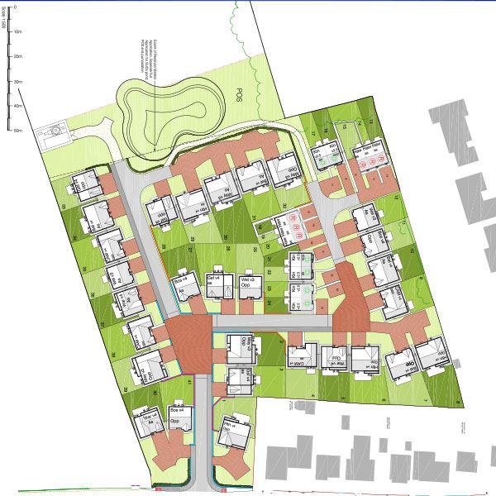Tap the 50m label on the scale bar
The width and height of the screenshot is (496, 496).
(18, 131)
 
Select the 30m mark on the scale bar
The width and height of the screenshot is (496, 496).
(18, 83)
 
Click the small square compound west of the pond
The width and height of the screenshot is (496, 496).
(55, 132)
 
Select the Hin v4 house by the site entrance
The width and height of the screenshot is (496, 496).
(235, 435)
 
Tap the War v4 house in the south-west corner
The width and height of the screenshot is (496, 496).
(148, 424)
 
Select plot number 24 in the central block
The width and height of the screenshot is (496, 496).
(270, 303)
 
